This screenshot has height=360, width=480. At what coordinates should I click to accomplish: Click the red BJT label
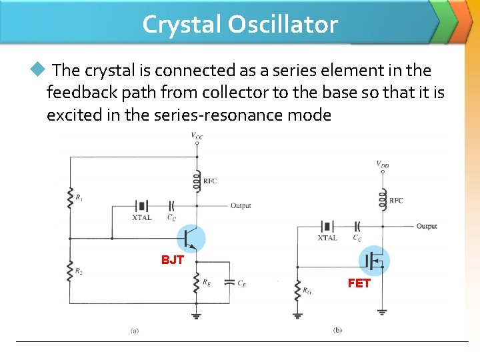coord(172,260)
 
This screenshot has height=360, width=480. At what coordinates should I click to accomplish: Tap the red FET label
coord(359,283)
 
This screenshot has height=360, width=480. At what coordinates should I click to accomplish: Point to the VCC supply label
coord(197,136)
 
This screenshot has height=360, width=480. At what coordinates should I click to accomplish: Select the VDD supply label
coord(383,163)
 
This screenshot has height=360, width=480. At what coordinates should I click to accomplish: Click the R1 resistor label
coord(80,197)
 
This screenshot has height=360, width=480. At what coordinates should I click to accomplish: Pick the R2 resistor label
coord(79,272)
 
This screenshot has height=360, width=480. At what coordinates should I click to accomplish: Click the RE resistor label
coord(207,282)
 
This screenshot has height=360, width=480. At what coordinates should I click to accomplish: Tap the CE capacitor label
coord(241,283)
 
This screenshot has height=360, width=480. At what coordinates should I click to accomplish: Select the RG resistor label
coord(307,290)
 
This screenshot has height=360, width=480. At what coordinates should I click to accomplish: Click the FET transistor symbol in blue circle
coord(375,261)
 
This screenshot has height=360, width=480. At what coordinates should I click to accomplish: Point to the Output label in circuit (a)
coord(241,206)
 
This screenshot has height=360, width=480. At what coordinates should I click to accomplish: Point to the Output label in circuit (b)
coord(427,227)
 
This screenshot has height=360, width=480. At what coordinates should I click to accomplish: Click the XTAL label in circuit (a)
coord(142,217)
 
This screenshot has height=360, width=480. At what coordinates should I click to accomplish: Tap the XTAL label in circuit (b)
coord(327,238)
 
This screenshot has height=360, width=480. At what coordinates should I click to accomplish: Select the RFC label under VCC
coord(210,181)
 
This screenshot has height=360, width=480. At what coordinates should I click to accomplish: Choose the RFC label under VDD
coord(396,201)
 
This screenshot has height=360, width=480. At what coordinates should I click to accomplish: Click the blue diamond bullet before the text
coord(37,69)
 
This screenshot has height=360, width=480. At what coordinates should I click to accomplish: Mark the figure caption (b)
coord(337,331)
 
